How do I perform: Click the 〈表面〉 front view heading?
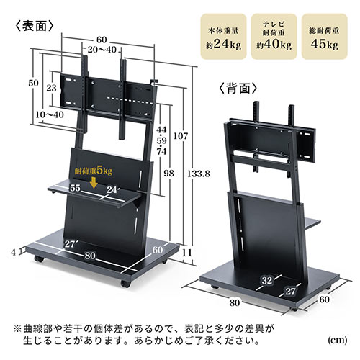coord(35,26)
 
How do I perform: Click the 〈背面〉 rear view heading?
coord(238,89)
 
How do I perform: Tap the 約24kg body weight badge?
coord(224,36)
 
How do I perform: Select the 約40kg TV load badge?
coord(274,36)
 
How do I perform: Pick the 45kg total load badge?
coord(324,36)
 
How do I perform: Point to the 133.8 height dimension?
coord(199,174)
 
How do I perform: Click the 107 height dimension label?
coord(181,136)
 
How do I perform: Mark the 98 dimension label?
coord(168,173)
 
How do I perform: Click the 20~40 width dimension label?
coord(102,50)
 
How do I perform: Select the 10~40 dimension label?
coord(50,114)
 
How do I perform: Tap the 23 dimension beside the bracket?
coord(51,88)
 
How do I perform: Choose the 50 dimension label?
coord(33,83)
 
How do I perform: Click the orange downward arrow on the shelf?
coord(94,182)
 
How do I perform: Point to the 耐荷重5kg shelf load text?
coord(94,171)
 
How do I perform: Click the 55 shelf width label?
coord(75,188)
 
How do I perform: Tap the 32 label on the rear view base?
coord(267,280)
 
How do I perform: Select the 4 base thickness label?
coord(14,252)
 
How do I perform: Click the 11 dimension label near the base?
coord(186,253)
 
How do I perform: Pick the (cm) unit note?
coord(337,341)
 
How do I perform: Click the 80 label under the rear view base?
coord(235,303)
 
